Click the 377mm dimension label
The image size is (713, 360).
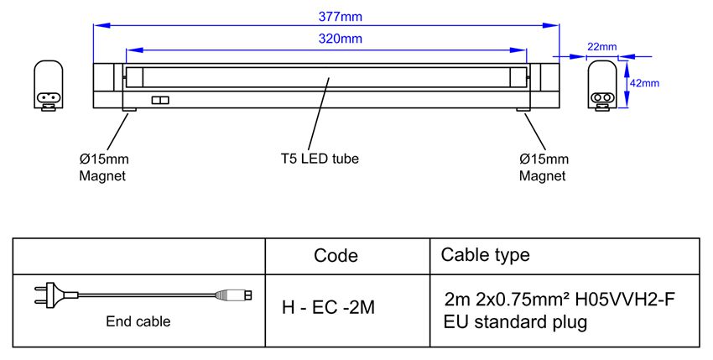pyautogui.click(x=340, y=17)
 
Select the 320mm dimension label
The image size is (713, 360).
pyautogui.click(x=340, y=39)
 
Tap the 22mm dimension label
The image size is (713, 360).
pyautogui.click(x=602, y=46)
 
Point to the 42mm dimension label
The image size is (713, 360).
pyautogui.click(x=644, y=83)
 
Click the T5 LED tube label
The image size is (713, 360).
pyautogui.click(x=320, y=159)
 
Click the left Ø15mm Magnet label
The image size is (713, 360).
pyautogui.click(x=104, y=167)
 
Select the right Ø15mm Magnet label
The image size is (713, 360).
pyautogui.click(x=544, y=167)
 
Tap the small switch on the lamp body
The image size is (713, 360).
pyautogui.click(x=160, y=100)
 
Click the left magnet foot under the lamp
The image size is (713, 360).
pyautogui.click(x=129, y=110)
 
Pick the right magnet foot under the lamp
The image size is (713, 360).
pyautogui.click(x=523, y=110)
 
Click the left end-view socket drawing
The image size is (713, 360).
pyautogui.click(x=48, y=86)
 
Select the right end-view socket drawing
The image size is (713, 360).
pyautogui.click(x=602, y=86)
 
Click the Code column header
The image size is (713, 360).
pyautogui.click(x=336, y=255)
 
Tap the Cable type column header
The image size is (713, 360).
pyautogui.click(x=485, y=255)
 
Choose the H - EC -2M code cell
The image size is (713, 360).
pyautogui.click(x=328, y=308)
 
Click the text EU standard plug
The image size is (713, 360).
pyautogui.click(x=515, y=322)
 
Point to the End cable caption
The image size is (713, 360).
pyautogui.click(x=138, y=321)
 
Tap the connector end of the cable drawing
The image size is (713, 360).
pyautogui.click(x=233, y=295)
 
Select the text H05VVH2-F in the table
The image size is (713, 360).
pyautogui.click(x=625, y=300)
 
